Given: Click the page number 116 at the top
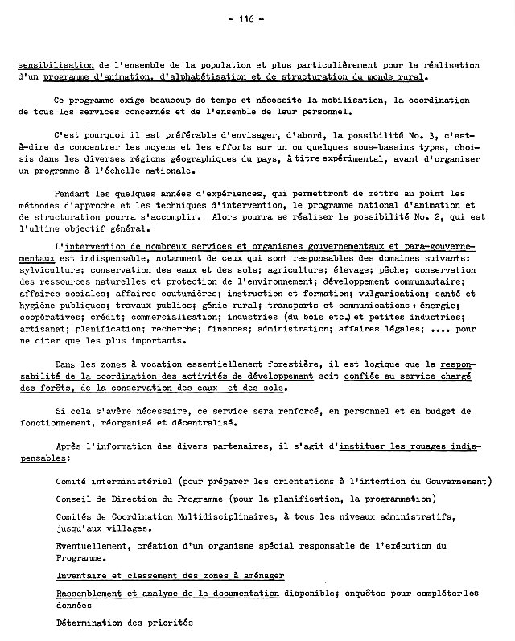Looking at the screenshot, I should coord(256,22).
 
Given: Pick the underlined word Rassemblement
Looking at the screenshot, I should coord(95,594).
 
